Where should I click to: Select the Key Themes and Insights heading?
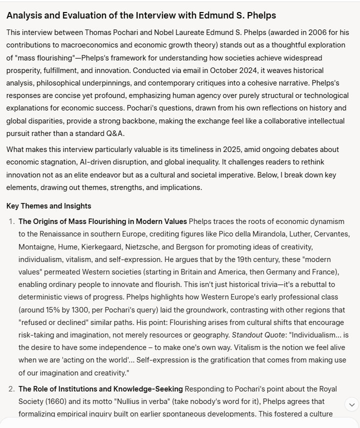coord(48,206)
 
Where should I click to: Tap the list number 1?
coord(11,221)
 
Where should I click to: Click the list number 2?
coord(11,388)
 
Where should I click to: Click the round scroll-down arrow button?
coord(351,404)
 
